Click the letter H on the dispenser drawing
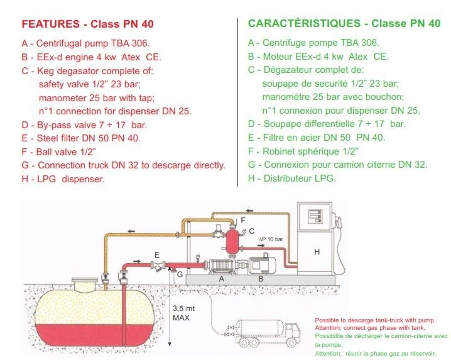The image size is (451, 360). (x=317, y=251)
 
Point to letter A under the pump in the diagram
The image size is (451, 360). (x=220, y=277)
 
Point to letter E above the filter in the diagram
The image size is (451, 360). (x=156, y=254)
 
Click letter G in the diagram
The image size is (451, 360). (x=180, y=274)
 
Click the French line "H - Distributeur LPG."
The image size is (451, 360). (x=292, y=178)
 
